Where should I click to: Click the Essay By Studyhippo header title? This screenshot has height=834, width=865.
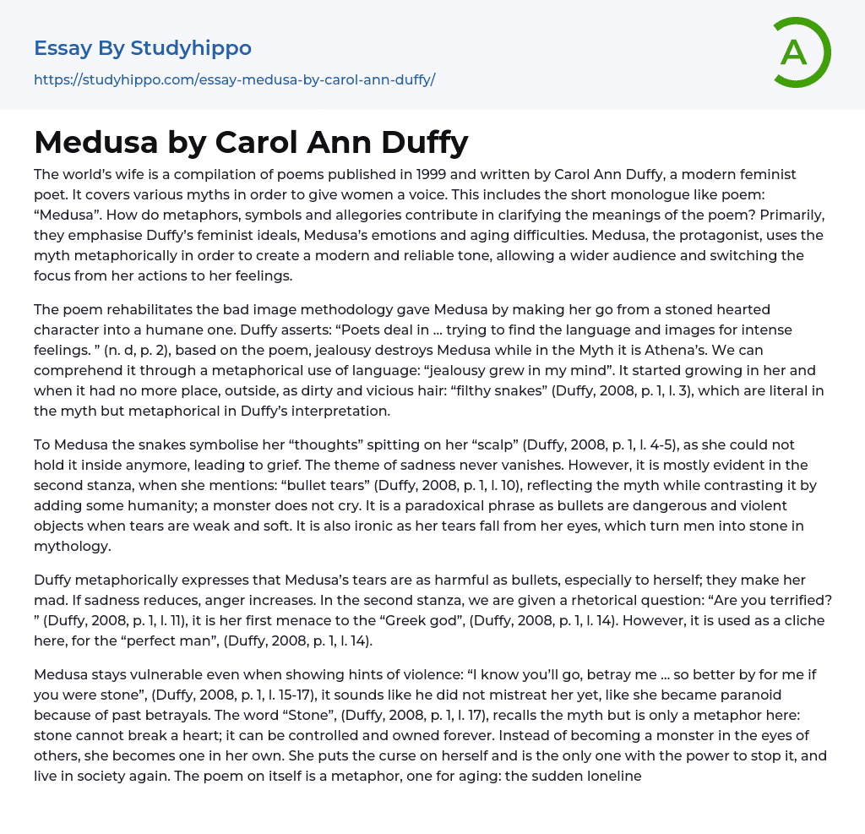(143, 48)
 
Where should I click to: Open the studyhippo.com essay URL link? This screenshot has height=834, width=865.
(234, 80)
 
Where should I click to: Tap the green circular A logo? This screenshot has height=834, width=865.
(796, 52)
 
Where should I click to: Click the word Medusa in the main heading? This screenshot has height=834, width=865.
(96, 142)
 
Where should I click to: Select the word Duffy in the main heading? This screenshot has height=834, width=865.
(419, 142)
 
